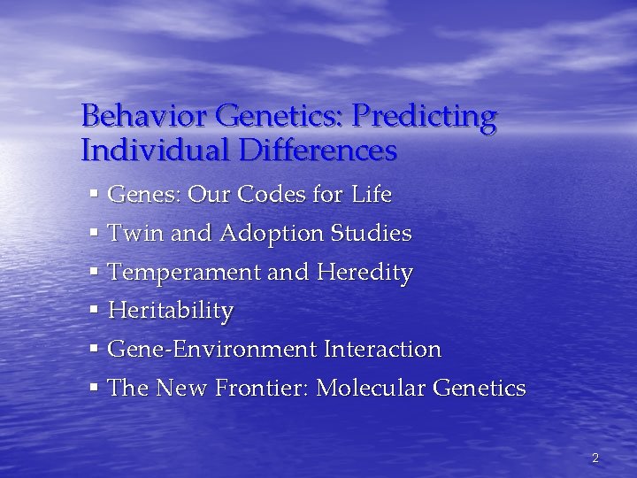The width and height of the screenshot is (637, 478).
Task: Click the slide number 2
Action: coord(595,458)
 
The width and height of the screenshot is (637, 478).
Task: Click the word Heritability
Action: coord(170,312)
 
